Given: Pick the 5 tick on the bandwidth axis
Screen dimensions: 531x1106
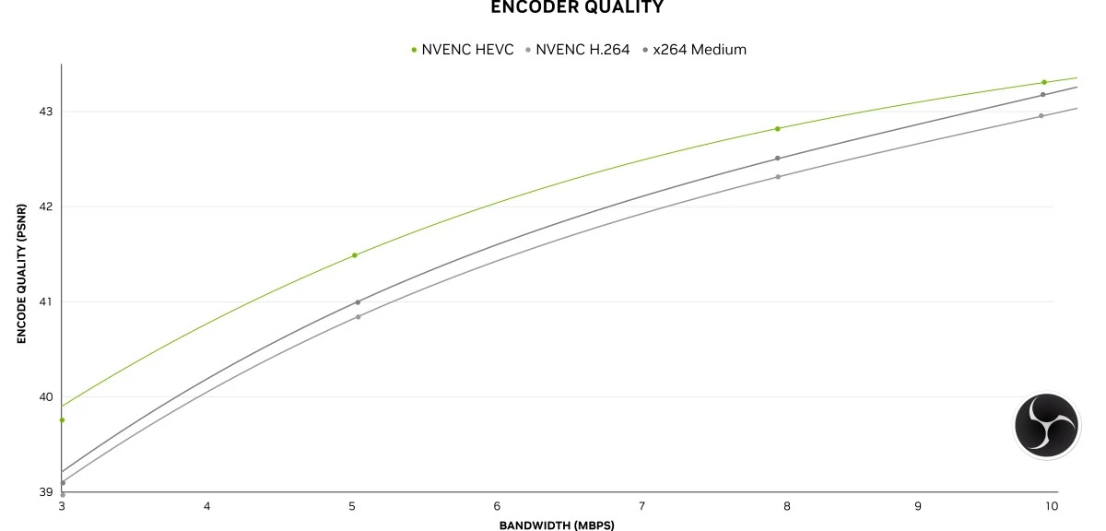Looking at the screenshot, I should pyautogui.click(x=351, y=506).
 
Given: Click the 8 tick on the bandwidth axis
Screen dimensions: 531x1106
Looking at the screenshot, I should pyautogui.click(x=786, y=506).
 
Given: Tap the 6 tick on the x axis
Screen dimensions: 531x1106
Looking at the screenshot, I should pyautogui.click(x=497, y=506).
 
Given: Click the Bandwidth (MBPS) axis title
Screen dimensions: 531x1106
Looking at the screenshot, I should pyautogui.click(x=557, y=525).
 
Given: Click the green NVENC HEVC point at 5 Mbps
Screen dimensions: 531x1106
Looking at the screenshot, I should pyautogui.click(x=355, y=255).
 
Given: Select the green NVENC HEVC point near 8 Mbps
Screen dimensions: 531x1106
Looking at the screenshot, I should pyautogui.click(x=778, y=129).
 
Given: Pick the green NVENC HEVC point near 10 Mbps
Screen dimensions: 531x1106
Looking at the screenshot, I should pyautogui.click(x=1044, y=82).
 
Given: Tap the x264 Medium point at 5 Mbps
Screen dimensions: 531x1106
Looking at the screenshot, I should pyautogui.click(x=358, y=302).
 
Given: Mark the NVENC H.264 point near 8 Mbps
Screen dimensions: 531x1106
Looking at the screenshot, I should pyautogui.click(x=778, y=177).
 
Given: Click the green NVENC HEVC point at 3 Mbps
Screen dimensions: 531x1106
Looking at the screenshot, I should pyautogui.click(x=62, y=420).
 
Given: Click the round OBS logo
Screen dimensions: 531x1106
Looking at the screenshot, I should pyautogui.click(x=1047, y=425).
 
